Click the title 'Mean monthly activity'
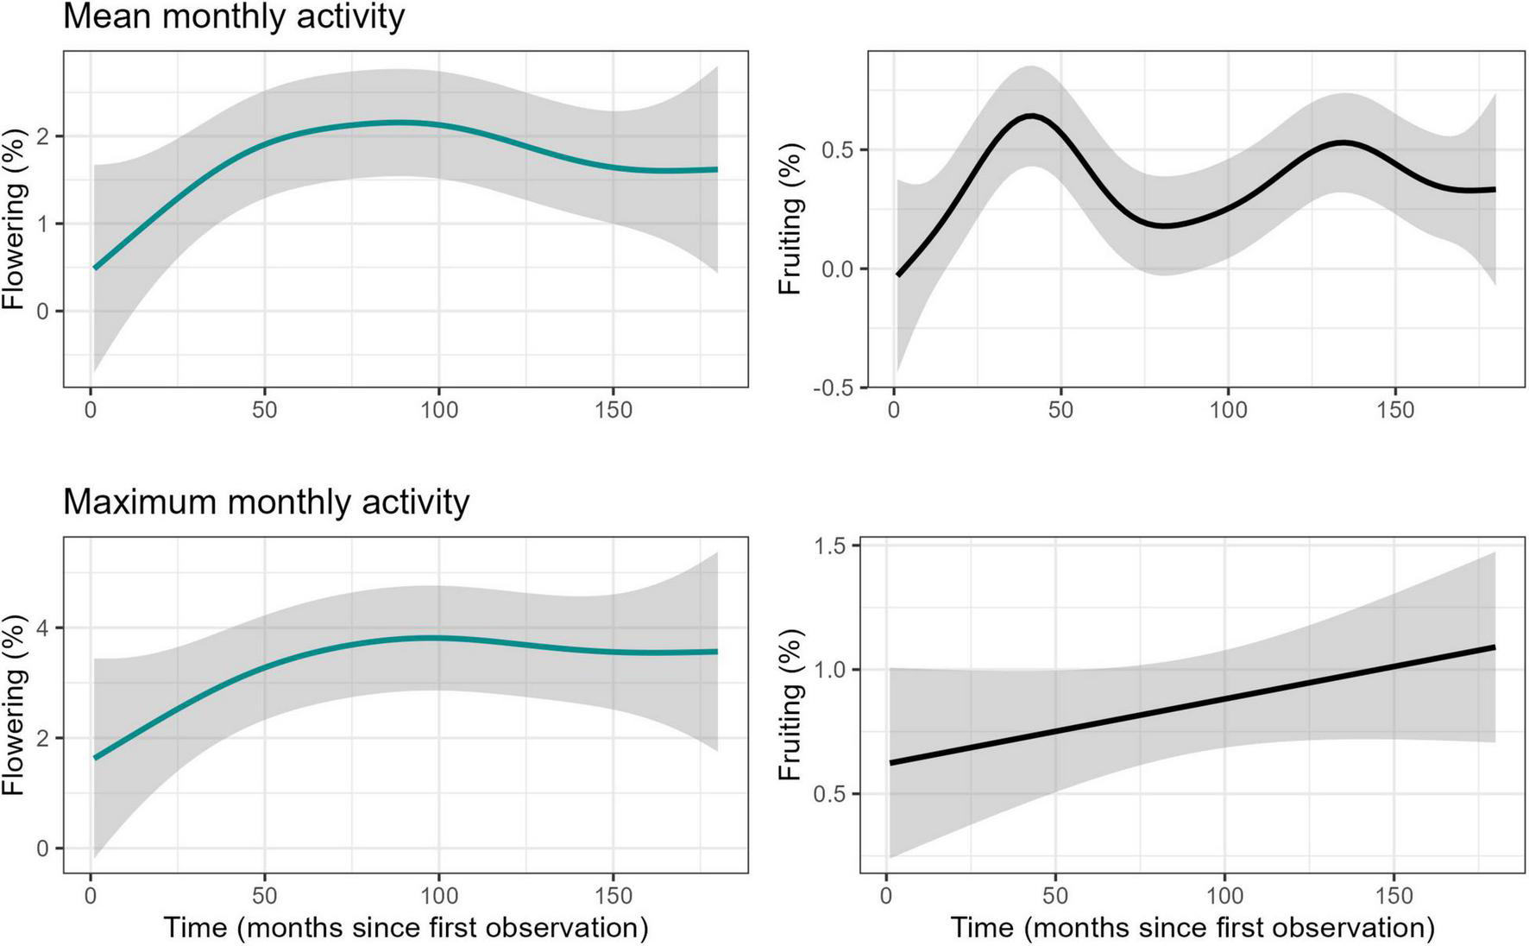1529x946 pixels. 234,17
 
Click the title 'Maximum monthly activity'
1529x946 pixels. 266,501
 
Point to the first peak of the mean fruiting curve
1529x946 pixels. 1031,116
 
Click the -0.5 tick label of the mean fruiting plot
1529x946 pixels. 831,388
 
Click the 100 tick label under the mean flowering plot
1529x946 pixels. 438,410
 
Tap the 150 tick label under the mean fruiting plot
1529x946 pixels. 1394,410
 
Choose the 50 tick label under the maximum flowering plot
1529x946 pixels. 265,896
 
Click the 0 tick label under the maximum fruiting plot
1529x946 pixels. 886,896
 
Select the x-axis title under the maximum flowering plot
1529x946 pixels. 406,928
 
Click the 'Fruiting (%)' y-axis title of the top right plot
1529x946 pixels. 790,219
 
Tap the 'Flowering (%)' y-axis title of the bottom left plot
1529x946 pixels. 14,705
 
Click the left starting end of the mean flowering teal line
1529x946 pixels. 94,268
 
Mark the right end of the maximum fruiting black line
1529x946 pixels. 1494,646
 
